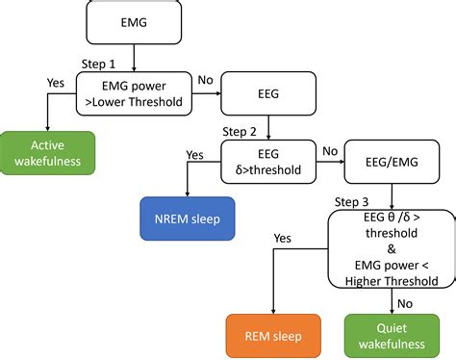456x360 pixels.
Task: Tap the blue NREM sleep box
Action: click(x=180, y=219)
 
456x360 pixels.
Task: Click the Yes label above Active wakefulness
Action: click(x=56, y=83)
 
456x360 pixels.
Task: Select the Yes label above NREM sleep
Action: click(x=195, y=153)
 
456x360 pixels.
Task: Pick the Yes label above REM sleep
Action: click(x=283, y=237)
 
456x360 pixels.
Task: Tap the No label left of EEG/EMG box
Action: click(x=329, y=151)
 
